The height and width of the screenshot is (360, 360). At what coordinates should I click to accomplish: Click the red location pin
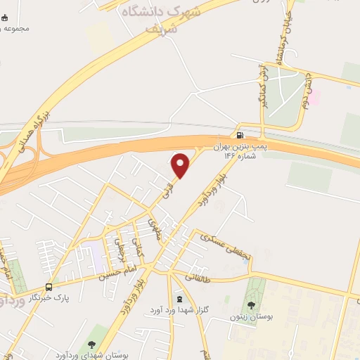(x=181, y=165)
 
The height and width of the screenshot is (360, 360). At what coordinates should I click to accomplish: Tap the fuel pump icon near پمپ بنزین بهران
(x=240, y=136)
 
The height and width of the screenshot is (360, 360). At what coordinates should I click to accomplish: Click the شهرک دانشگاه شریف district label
(x=173, y=19)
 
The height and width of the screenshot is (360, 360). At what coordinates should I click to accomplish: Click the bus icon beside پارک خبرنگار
(x=49, y=288)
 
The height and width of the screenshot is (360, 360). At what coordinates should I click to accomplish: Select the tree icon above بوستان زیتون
(x=251, y=305)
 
